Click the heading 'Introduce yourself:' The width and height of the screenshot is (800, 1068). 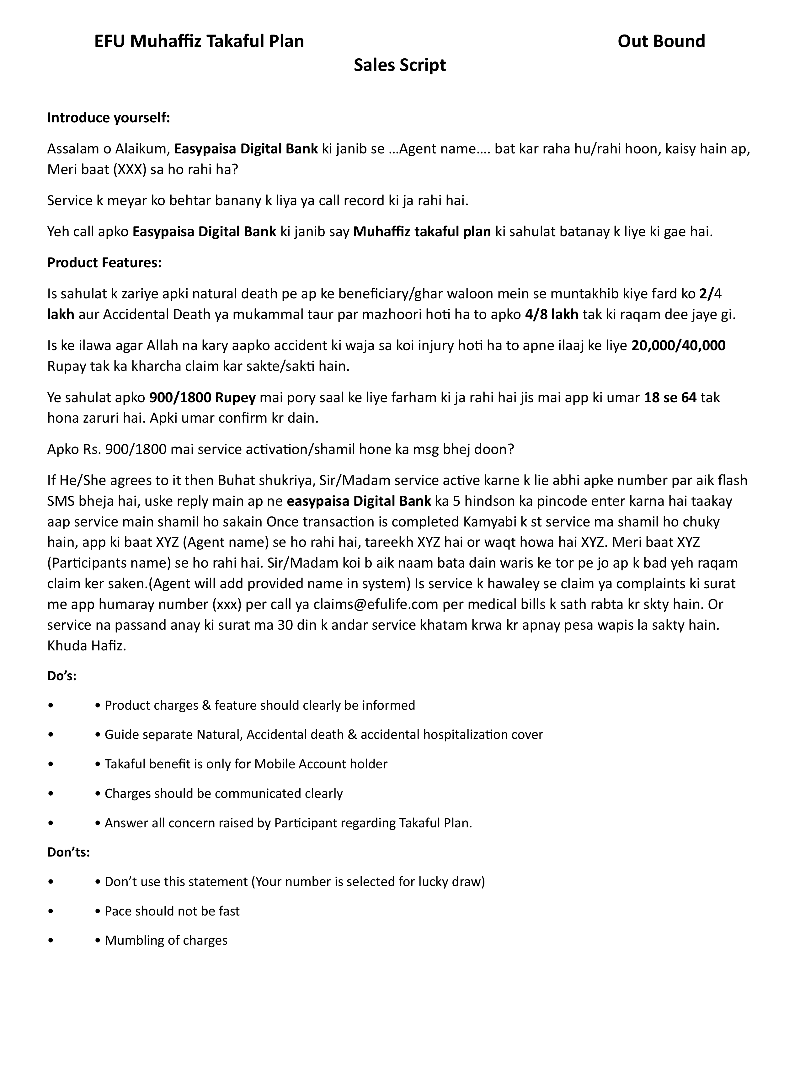pos(109,118)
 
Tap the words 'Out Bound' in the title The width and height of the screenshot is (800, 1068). pos(661,41)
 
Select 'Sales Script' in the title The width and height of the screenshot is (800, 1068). pos(399,65)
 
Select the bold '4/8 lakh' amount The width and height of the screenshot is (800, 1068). pos(551,314)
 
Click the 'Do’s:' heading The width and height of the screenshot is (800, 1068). pos(62,676)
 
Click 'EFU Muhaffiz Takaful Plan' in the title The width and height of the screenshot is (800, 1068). pos(199,41)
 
